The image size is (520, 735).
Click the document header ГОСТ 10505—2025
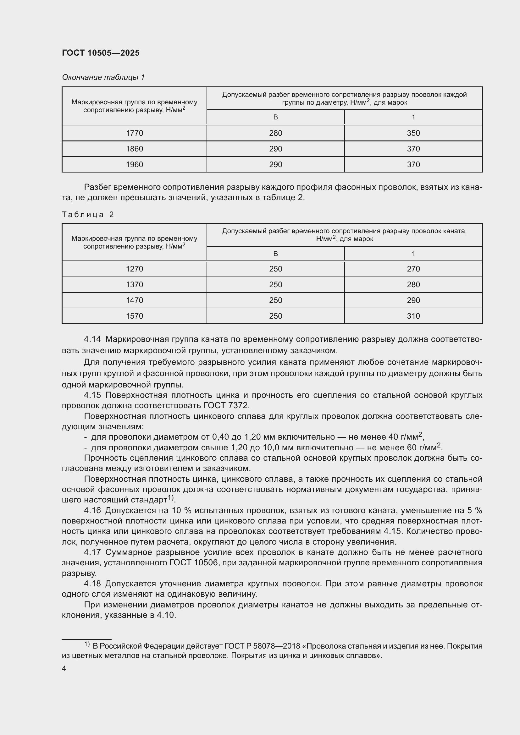coord(101,53)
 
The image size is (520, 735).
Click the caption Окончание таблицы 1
coord(103,77)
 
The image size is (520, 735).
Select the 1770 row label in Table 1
coord(134,133)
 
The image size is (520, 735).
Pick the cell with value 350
coord(413,133)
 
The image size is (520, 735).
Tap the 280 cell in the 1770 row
coord(275,133)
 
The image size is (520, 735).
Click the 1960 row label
coord(134,165)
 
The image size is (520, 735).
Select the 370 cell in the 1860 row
coord(413,149)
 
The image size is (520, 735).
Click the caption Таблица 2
coord(88,215)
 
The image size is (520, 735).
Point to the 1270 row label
coord(134,269)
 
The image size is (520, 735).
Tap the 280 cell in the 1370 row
coord(413,285)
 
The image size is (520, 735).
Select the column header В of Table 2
coord(275,254)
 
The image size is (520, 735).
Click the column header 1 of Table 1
coord(413,117)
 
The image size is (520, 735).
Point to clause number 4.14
coord(92,339)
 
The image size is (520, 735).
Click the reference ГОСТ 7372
coord(226,406)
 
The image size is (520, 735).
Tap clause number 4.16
coord(92,510)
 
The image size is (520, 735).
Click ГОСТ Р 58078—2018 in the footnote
coord(263,646)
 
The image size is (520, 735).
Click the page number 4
coord(64,669)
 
